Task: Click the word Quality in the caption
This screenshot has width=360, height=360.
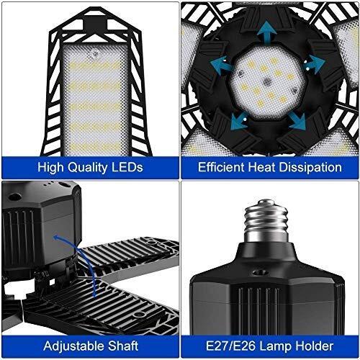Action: pyautogui.click(x=87, y=168)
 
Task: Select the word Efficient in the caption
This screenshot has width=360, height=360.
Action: pyautogui.click(x=221, y=167)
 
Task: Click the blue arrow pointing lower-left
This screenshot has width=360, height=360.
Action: pyautogui.click(x=238, y=121)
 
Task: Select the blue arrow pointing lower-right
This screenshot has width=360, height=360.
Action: pyautogui.click(x=297, y=121)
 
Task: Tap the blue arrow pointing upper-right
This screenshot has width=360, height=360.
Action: pyautogui.click(x=315, y=63)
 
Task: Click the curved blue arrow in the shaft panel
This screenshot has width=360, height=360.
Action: pyautogui.click(x=79, y=264)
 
